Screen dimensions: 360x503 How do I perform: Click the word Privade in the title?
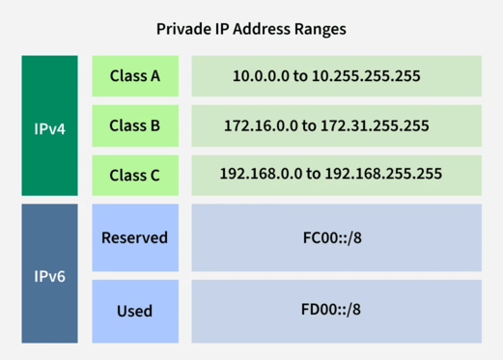tap(183, 29)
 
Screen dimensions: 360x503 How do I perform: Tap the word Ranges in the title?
tap(320, 29)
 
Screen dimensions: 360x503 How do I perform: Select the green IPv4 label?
tap(49, 126)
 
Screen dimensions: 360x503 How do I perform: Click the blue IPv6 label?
tap(49, 274)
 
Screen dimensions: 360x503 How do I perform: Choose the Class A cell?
tap(135, 75)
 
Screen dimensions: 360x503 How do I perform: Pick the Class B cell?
tap(135, 125)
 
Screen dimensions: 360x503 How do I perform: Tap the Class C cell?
tap(135, 176)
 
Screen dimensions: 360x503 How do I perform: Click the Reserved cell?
tap(135, 237)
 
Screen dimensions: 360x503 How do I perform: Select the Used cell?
tap(135, 312)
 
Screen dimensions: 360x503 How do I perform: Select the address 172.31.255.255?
tap(377, 125)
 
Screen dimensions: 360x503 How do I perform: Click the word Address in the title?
tap(263, 29)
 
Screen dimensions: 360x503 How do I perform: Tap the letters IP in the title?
tap(224, 29)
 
